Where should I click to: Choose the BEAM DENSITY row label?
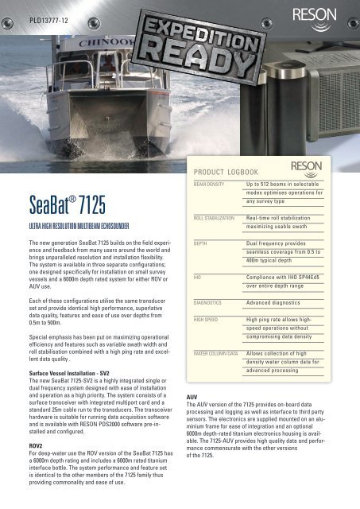(205, 184)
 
